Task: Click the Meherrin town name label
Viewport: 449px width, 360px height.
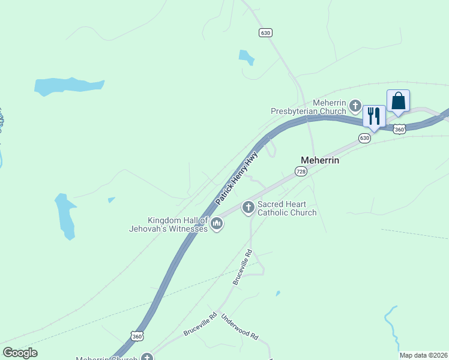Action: point(319,160)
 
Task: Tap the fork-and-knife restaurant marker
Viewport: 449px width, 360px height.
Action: point(373,115)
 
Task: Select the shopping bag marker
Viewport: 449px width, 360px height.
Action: point(398,101)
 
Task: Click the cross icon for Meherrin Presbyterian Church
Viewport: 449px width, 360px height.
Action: point(355,107)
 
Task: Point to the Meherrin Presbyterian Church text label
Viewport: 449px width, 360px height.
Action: point(309,107)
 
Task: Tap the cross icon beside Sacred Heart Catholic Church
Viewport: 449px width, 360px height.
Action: point(247,208)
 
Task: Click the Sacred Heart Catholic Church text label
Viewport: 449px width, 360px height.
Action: point(287,208)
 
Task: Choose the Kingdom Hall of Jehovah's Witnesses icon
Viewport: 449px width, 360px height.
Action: point(217,224)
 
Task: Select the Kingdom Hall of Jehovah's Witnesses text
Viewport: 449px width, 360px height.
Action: point(169,224)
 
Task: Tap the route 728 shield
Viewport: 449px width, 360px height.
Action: point(301,172)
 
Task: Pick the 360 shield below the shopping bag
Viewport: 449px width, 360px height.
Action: point(400,129)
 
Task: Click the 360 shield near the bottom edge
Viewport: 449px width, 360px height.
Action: point(137,337)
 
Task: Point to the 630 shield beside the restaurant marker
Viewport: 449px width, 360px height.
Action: point(365,138)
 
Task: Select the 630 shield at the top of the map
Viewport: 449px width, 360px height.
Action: point(265,32)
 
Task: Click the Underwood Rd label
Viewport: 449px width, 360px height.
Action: point(239,328)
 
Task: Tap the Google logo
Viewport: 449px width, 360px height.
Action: point(20,353)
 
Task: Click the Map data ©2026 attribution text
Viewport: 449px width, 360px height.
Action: point(423,355)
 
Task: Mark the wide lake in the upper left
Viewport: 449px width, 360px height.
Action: point(68,86)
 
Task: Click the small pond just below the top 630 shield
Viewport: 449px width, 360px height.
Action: point(246,57)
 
